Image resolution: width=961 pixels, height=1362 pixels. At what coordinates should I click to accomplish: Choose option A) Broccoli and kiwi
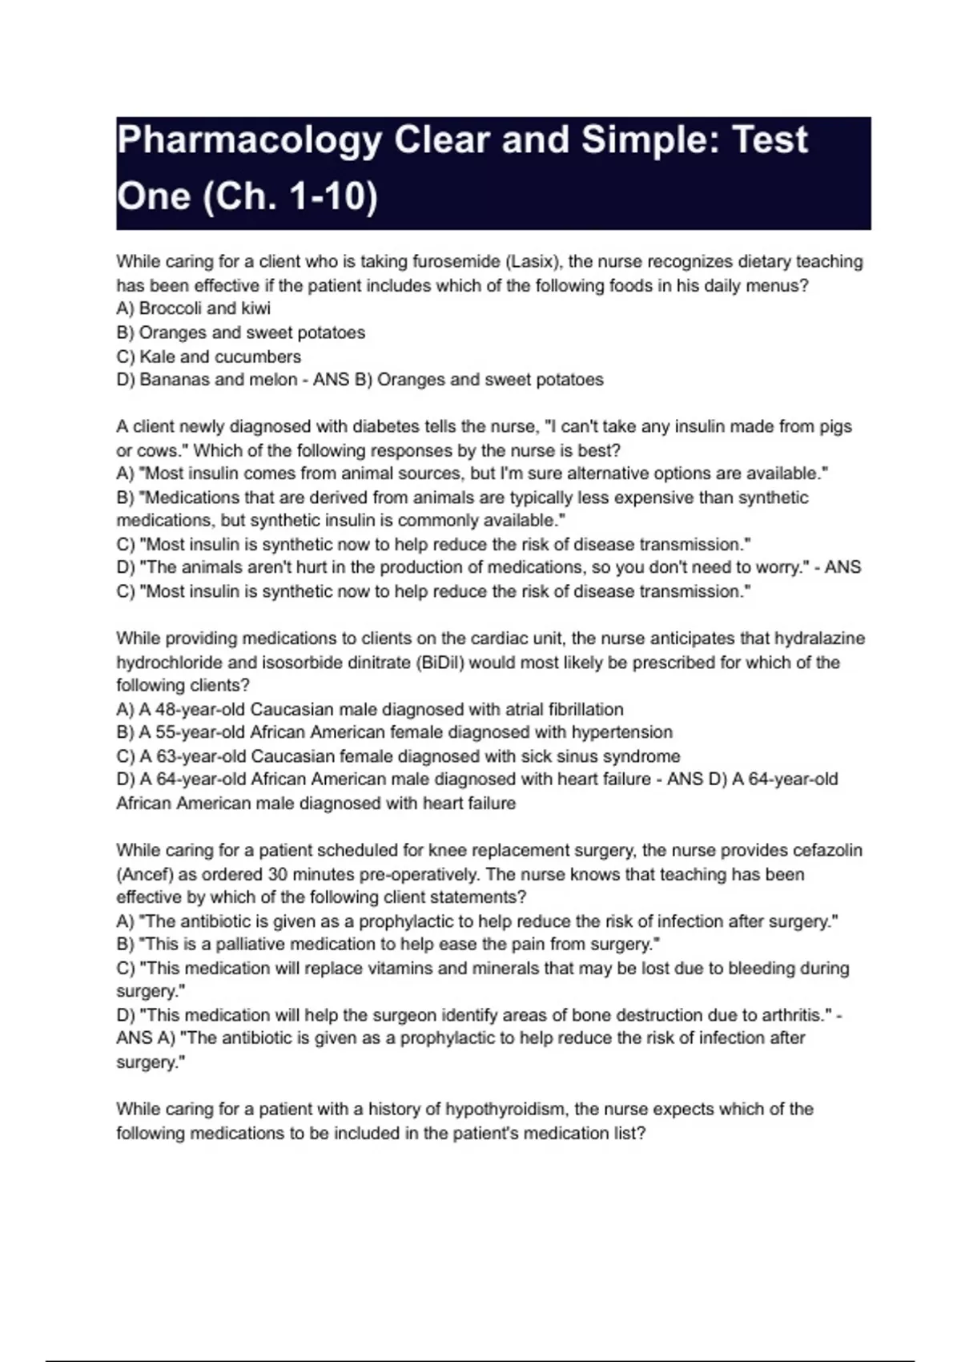click(x=194, y=308)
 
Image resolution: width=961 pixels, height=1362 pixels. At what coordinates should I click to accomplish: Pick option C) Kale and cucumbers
click(x=209, y=357)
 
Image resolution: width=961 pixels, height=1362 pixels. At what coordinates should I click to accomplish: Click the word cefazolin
click(x=827, y=850)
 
